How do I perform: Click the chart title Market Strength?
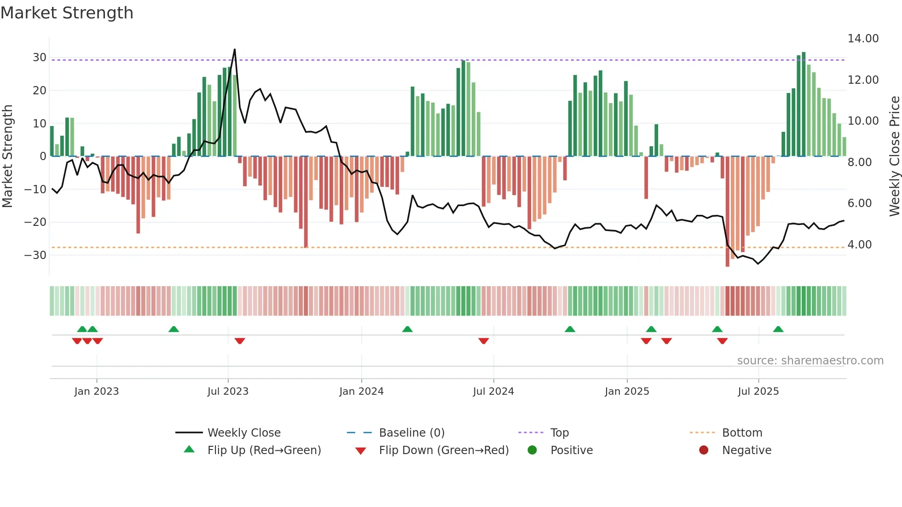pyautogui.click(x=67, y=13)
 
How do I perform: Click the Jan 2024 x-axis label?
pyautogui.click(x=361, y=392)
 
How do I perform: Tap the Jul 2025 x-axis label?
pyautogui.click(x=758, y=392)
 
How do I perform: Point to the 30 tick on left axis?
pyautogui.click(x=40, y=58)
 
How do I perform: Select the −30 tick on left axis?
pyautogui.click(x=36, y=255)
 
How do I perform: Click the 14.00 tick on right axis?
pyautogui.click(x=863, y=39)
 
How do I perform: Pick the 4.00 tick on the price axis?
pyautogui.click(x=859, y=245)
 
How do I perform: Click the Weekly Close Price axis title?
pyautogui.click(x=894, y=156)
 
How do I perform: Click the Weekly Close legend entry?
pyautogui.click(x=243, y=433)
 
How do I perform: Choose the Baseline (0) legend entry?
pyautogui.click(x=411, y=433)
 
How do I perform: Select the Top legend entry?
pyautogui.click(x=559, y=433)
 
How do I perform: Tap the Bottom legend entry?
pyautogui.click(x=742, y=433)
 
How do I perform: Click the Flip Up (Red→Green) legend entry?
pyautogui.click(x=264, y=450)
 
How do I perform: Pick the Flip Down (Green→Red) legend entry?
pyautogui.click(x=444, y=450)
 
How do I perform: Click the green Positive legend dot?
pyautogui.click(x=532, y=450)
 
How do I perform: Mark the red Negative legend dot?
pyautogui.click(x=704, y=450)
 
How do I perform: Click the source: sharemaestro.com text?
pyautogui.click(x=810, y=361)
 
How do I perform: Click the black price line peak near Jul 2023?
pyautogui.click(x=235, y=50)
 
